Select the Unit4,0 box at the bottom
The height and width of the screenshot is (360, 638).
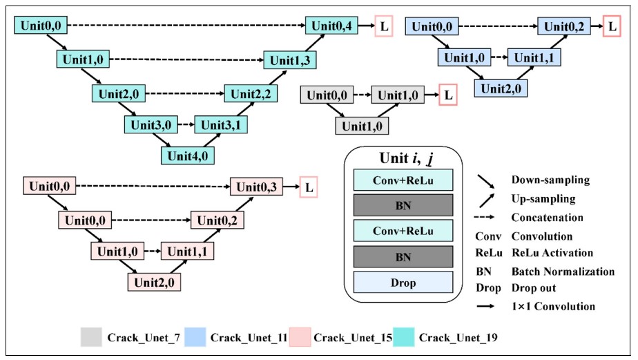pyautogui.click(x=188, y=155)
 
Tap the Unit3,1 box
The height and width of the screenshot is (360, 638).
pyautogui.click(x=221, y=125)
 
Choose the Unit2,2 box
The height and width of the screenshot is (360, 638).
pyautogui.click(x=250, y=93)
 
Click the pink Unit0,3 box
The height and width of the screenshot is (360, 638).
pyautogui.click(x=257, y=187)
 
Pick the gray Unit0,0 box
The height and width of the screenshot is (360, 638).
pyautogui.click(x=326, y=94)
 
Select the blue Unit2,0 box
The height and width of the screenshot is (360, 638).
pyautogui.click(x=501, y=88)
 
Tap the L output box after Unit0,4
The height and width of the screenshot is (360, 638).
pyautogui.click(x=385, y=27)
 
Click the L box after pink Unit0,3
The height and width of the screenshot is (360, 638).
pyautogui.click(x=308, y=187)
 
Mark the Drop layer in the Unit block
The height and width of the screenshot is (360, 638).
pyautogui.click(x=403, y=282)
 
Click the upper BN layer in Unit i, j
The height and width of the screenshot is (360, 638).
pyautogui.click(x=403, y=205)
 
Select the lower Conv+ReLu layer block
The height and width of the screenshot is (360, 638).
pyautogui.click(x=403, y=230)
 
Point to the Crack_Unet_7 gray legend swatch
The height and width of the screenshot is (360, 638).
pyautogui.click(x=91, y=338)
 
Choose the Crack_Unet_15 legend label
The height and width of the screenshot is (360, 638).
pyautogui.click(x=353, y=338)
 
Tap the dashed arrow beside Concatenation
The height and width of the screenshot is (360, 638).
pyautogui.click(x=490, y=218)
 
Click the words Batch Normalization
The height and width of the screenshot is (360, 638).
pyautogui.click(x=563, y=272)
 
